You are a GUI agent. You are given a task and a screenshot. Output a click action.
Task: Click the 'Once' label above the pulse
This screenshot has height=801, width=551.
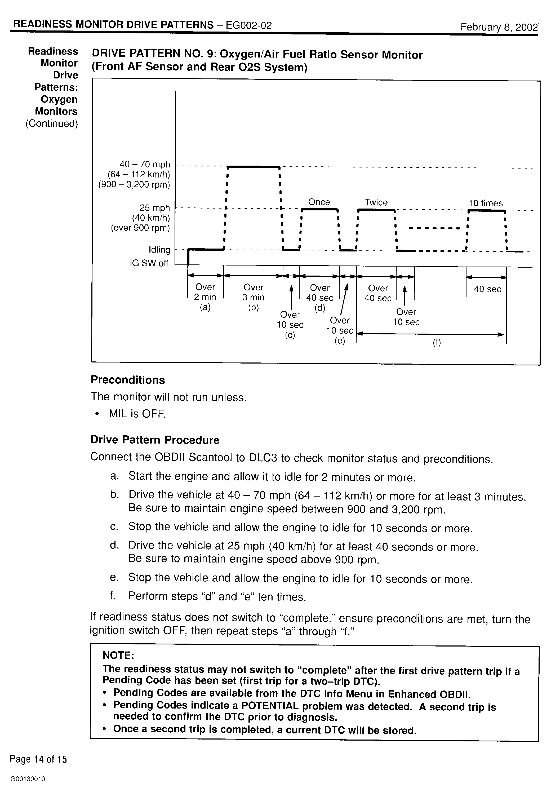click(x=319, y=202)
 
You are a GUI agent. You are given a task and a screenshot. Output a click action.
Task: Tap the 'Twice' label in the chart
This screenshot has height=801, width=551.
click(x=376, y=202)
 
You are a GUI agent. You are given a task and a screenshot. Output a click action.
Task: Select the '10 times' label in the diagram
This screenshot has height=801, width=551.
click(x=485, y=203)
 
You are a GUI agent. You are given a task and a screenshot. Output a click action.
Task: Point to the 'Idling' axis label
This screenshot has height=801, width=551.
click(x=159, y=250)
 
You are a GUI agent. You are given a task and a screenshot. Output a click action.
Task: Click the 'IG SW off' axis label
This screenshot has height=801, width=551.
click(x=149, y=263)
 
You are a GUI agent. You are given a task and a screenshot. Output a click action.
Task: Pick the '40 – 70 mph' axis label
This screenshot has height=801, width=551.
click(x=145, y=164)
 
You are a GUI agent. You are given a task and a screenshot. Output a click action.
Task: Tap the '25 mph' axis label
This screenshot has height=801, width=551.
click(x=155, y=208)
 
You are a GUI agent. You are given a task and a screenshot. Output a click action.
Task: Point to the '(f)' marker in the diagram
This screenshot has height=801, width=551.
click(x=437, y=343)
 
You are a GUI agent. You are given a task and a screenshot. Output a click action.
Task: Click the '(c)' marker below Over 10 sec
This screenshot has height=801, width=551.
click(x=290, y=335)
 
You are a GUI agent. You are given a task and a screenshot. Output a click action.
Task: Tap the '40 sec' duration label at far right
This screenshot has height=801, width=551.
click(x=487, y=289)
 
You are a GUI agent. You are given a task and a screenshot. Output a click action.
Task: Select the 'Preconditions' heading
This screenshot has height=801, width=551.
click(x=128, y=380)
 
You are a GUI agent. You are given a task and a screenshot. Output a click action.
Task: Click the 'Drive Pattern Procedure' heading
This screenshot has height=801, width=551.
click(x=155, y=440)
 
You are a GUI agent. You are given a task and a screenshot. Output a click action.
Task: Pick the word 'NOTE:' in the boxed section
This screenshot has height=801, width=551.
click(x=118, y=655)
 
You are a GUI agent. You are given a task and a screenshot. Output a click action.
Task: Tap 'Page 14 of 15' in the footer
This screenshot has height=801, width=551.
click(x=38, y=759)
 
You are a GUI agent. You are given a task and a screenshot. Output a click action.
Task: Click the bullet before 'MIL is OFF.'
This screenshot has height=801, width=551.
click(x=98, y=414)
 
